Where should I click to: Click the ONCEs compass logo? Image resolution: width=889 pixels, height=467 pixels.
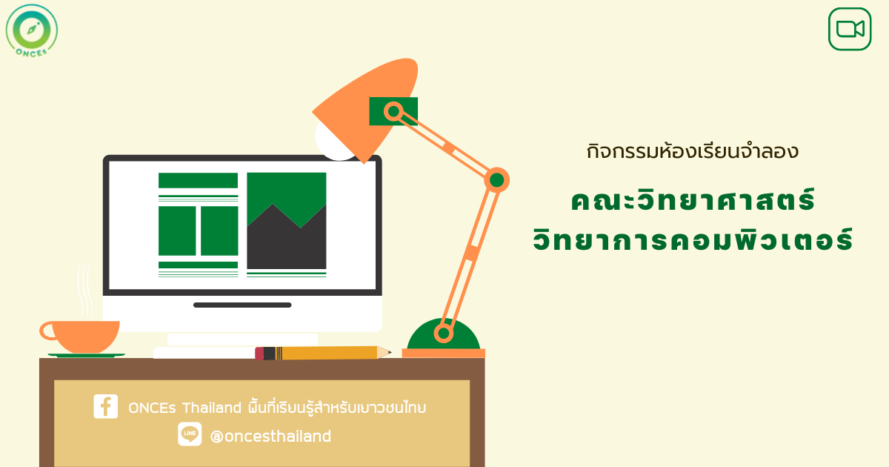point(32,30)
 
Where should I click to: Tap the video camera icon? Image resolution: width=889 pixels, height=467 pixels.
point(850,29)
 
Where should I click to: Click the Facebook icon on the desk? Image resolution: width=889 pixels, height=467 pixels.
point(105,406)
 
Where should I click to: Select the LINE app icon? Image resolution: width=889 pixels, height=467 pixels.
point(190,434)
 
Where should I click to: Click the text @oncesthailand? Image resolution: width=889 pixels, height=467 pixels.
point(270,436)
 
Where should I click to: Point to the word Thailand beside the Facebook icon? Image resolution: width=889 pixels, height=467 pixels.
point(212,408)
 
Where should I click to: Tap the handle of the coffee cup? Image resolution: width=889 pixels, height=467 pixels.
point(47,331)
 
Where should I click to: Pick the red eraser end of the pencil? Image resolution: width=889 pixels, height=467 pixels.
point(259,354)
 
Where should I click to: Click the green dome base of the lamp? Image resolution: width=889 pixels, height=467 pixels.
point(443,334)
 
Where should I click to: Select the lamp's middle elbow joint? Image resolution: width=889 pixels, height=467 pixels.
point(496,180)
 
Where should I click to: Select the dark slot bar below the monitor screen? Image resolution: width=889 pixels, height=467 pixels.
point(242,305)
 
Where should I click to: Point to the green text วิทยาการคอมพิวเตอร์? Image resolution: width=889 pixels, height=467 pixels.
point(693,239)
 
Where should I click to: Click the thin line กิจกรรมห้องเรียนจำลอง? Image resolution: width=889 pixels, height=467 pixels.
point(693,151)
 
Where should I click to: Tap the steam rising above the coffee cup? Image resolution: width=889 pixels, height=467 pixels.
point(84,292)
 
